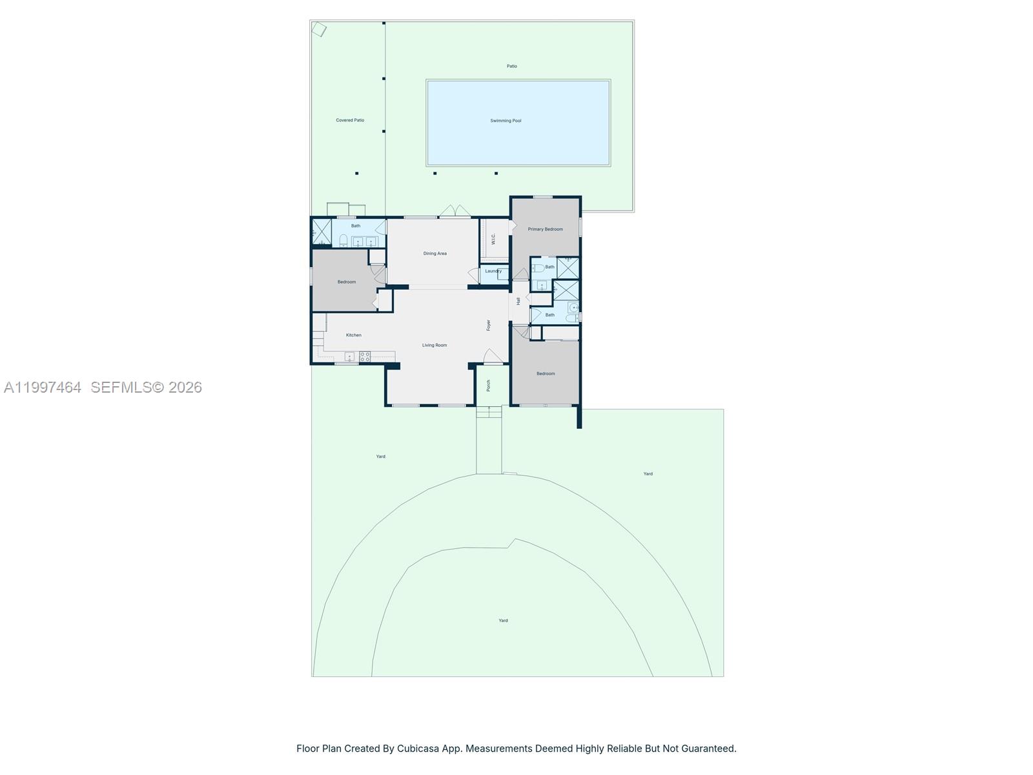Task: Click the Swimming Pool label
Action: point(506,121)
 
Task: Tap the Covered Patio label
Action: point(350,120)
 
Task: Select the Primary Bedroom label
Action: point(545,229)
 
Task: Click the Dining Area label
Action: point(435,254)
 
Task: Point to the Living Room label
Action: point(435,346)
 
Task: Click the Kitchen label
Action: point(353,335)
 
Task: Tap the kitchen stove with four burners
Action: point(365,356)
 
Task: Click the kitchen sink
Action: point(349,356)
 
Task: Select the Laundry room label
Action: point(493,271)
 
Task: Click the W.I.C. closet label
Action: point(493,239)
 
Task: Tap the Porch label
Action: point(489,386)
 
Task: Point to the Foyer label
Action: point(489,325)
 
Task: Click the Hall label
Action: point(518,301)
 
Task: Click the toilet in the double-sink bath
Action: point(343,241)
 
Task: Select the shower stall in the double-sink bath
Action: point(321,231)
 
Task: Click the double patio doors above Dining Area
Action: point(456,211)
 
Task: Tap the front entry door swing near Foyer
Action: point(492,356)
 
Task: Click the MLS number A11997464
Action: point(43,387)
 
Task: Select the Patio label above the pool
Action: point(511,66)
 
